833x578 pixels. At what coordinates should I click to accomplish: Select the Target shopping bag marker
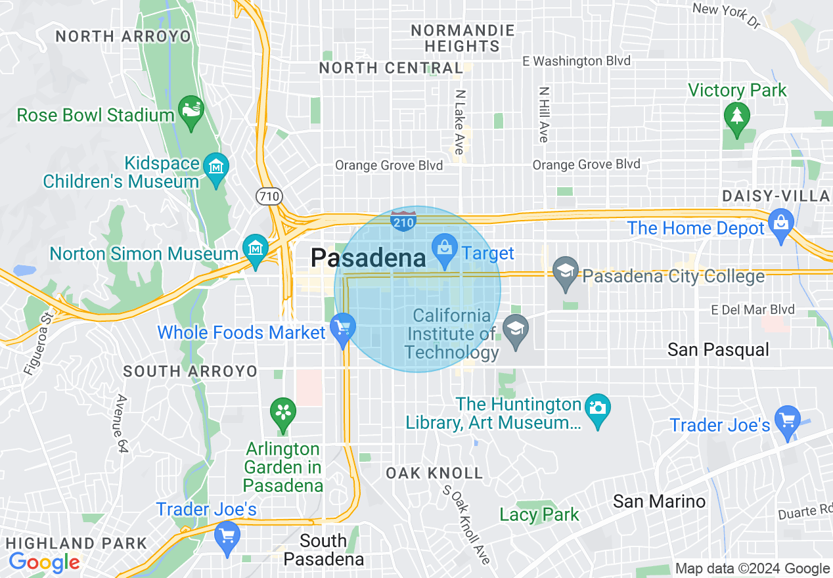[x=445, y=250]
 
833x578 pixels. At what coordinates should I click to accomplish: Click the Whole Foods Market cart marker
[x=342, y=328]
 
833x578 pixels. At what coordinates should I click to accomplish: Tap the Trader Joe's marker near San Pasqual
[x=787, y=421]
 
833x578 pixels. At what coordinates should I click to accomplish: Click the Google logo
[x=44, y=563]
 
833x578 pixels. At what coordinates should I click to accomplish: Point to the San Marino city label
[x=659, y=502]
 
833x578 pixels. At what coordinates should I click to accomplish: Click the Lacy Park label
[x=539, y=514]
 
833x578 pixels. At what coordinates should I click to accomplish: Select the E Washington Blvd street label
[x=576, y=61]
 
